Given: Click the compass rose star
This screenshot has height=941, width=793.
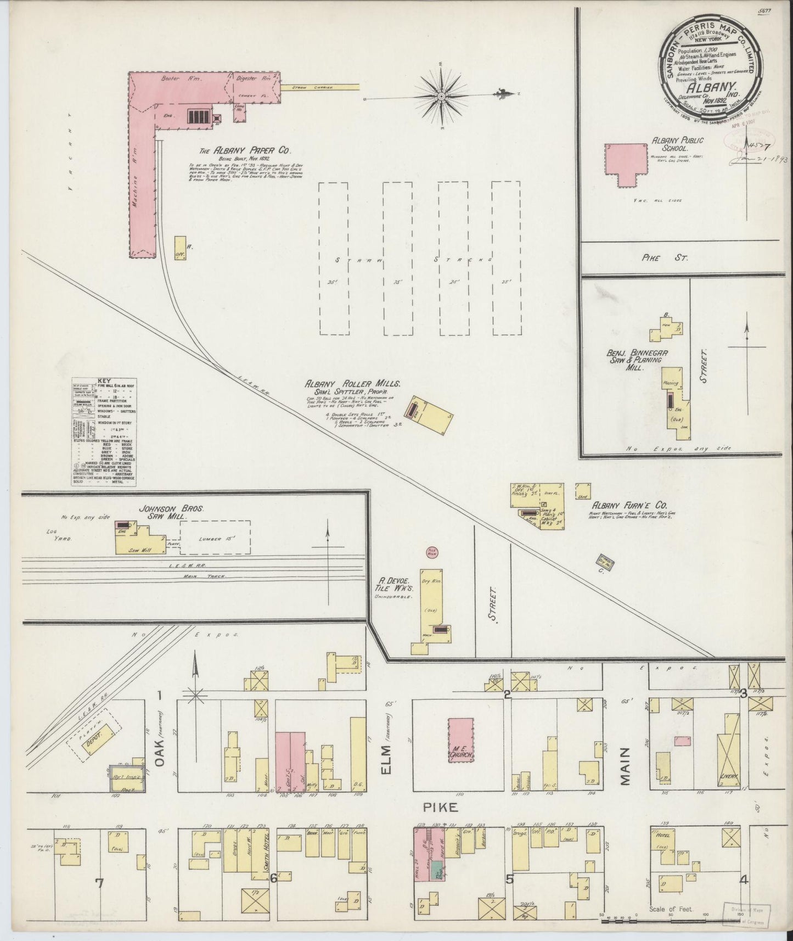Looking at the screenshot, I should click(441, 96).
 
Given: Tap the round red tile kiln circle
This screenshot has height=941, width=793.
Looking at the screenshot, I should click(431, 552).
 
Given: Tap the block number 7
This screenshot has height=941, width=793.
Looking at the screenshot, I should click(99, 883).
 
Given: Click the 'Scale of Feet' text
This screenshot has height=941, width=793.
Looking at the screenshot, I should click(671, 909).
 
